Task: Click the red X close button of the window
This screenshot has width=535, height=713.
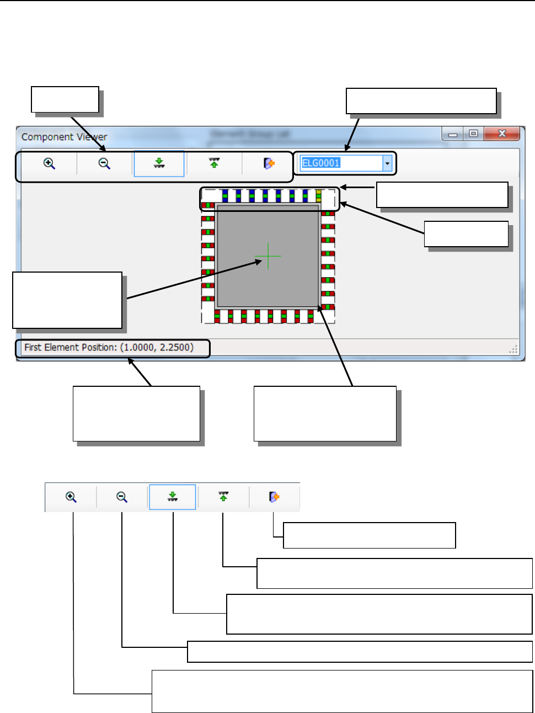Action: click(502, 134)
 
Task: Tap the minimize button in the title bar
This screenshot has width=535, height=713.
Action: click(453, 134)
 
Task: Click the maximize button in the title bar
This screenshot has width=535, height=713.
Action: click(473, 134)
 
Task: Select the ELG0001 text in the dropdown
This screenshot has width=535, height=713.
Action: click(321, 163)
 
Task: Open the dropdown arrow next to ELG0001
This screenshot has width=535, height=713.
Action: click(388, 163)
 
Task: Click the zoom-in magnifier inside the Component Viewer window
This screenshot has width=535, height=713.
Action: click(50, 163)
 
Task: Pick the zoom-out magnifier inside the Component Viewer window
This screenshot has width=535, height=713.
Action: click(104, 163)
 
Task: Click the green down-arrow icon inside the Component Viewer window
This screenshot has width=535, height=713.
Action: click(159, 163)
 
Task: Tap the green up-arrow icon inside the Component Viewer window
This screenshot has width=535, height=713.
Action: click(215, 163)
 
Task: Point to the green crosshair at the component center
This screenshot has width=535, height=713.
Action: click(268, 256)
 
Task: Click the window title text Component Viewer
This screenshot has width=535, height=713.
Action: click(64, 137)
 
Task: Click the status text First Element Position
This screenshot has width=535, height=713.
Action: click(109, 348)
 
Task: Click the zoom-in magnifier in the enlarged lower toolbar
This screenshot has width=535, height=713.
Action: click(71, 497)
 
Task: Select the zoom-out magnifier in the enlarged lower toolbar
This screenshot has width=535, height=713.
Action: click(122, 497)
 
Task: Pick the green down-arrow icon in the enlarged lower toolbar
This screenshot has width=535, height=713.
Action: click(173, 497)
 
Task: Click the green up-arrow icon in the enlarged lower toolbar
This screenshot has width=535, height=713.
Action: click(223, 497)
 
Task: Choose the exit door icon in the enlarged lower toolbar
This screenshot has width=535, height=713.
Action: click(274, 497)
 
